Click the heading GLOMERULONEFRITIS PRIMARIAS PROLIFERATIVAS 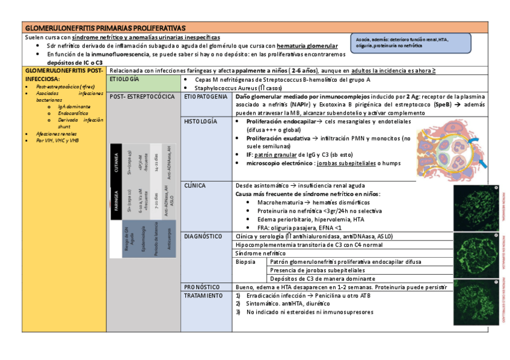(x=105, y=28)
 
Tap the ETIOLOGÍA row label (x=124, y=79)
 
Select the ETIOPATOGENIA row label (x=206, y=97)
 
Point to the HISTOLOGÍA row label (x=200, y=121)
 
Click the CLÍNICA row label (x=195, y=186)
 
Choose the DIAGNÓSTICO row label (x=203, y=237)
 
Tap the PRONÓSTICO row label (x=202, y=287)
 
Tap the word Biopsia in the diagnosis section (x=245, y=262)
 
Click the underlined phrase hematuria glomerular (x=307, y=46)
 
